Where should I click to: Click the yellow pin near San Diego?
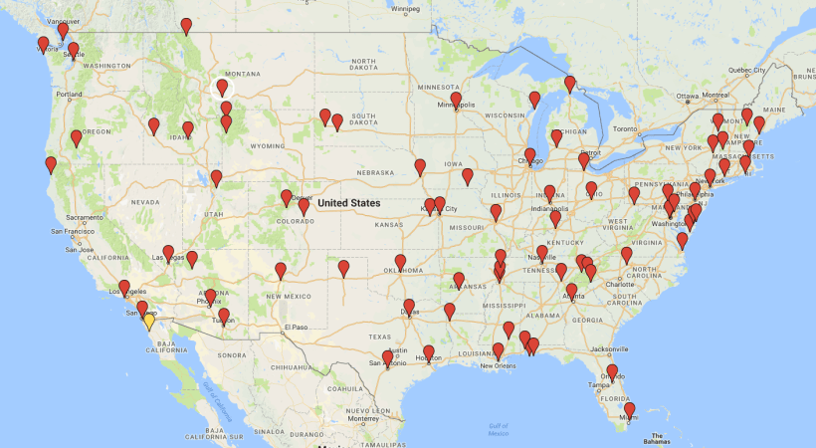click(148, 321)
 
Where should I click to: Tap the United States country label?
click(348, 203)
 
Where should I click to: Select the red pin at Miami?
click(629, 409)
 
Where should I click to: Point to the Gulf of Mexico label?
click(500, 429)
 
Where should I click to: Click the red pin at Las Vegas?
click(168, 253)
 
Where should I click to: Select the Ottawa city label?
click(689, 97)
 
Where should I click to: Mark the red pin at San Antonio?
click(387, 357)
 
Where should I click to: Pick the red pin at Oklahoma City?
click(400, 262)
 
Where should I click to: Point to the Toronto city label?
click(624, 129)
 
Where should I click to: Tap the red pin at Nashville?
click(541, 253)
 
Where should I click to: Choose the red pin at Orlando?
click(612, 371)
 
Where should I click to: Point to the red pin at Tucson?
click(224, 316)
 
